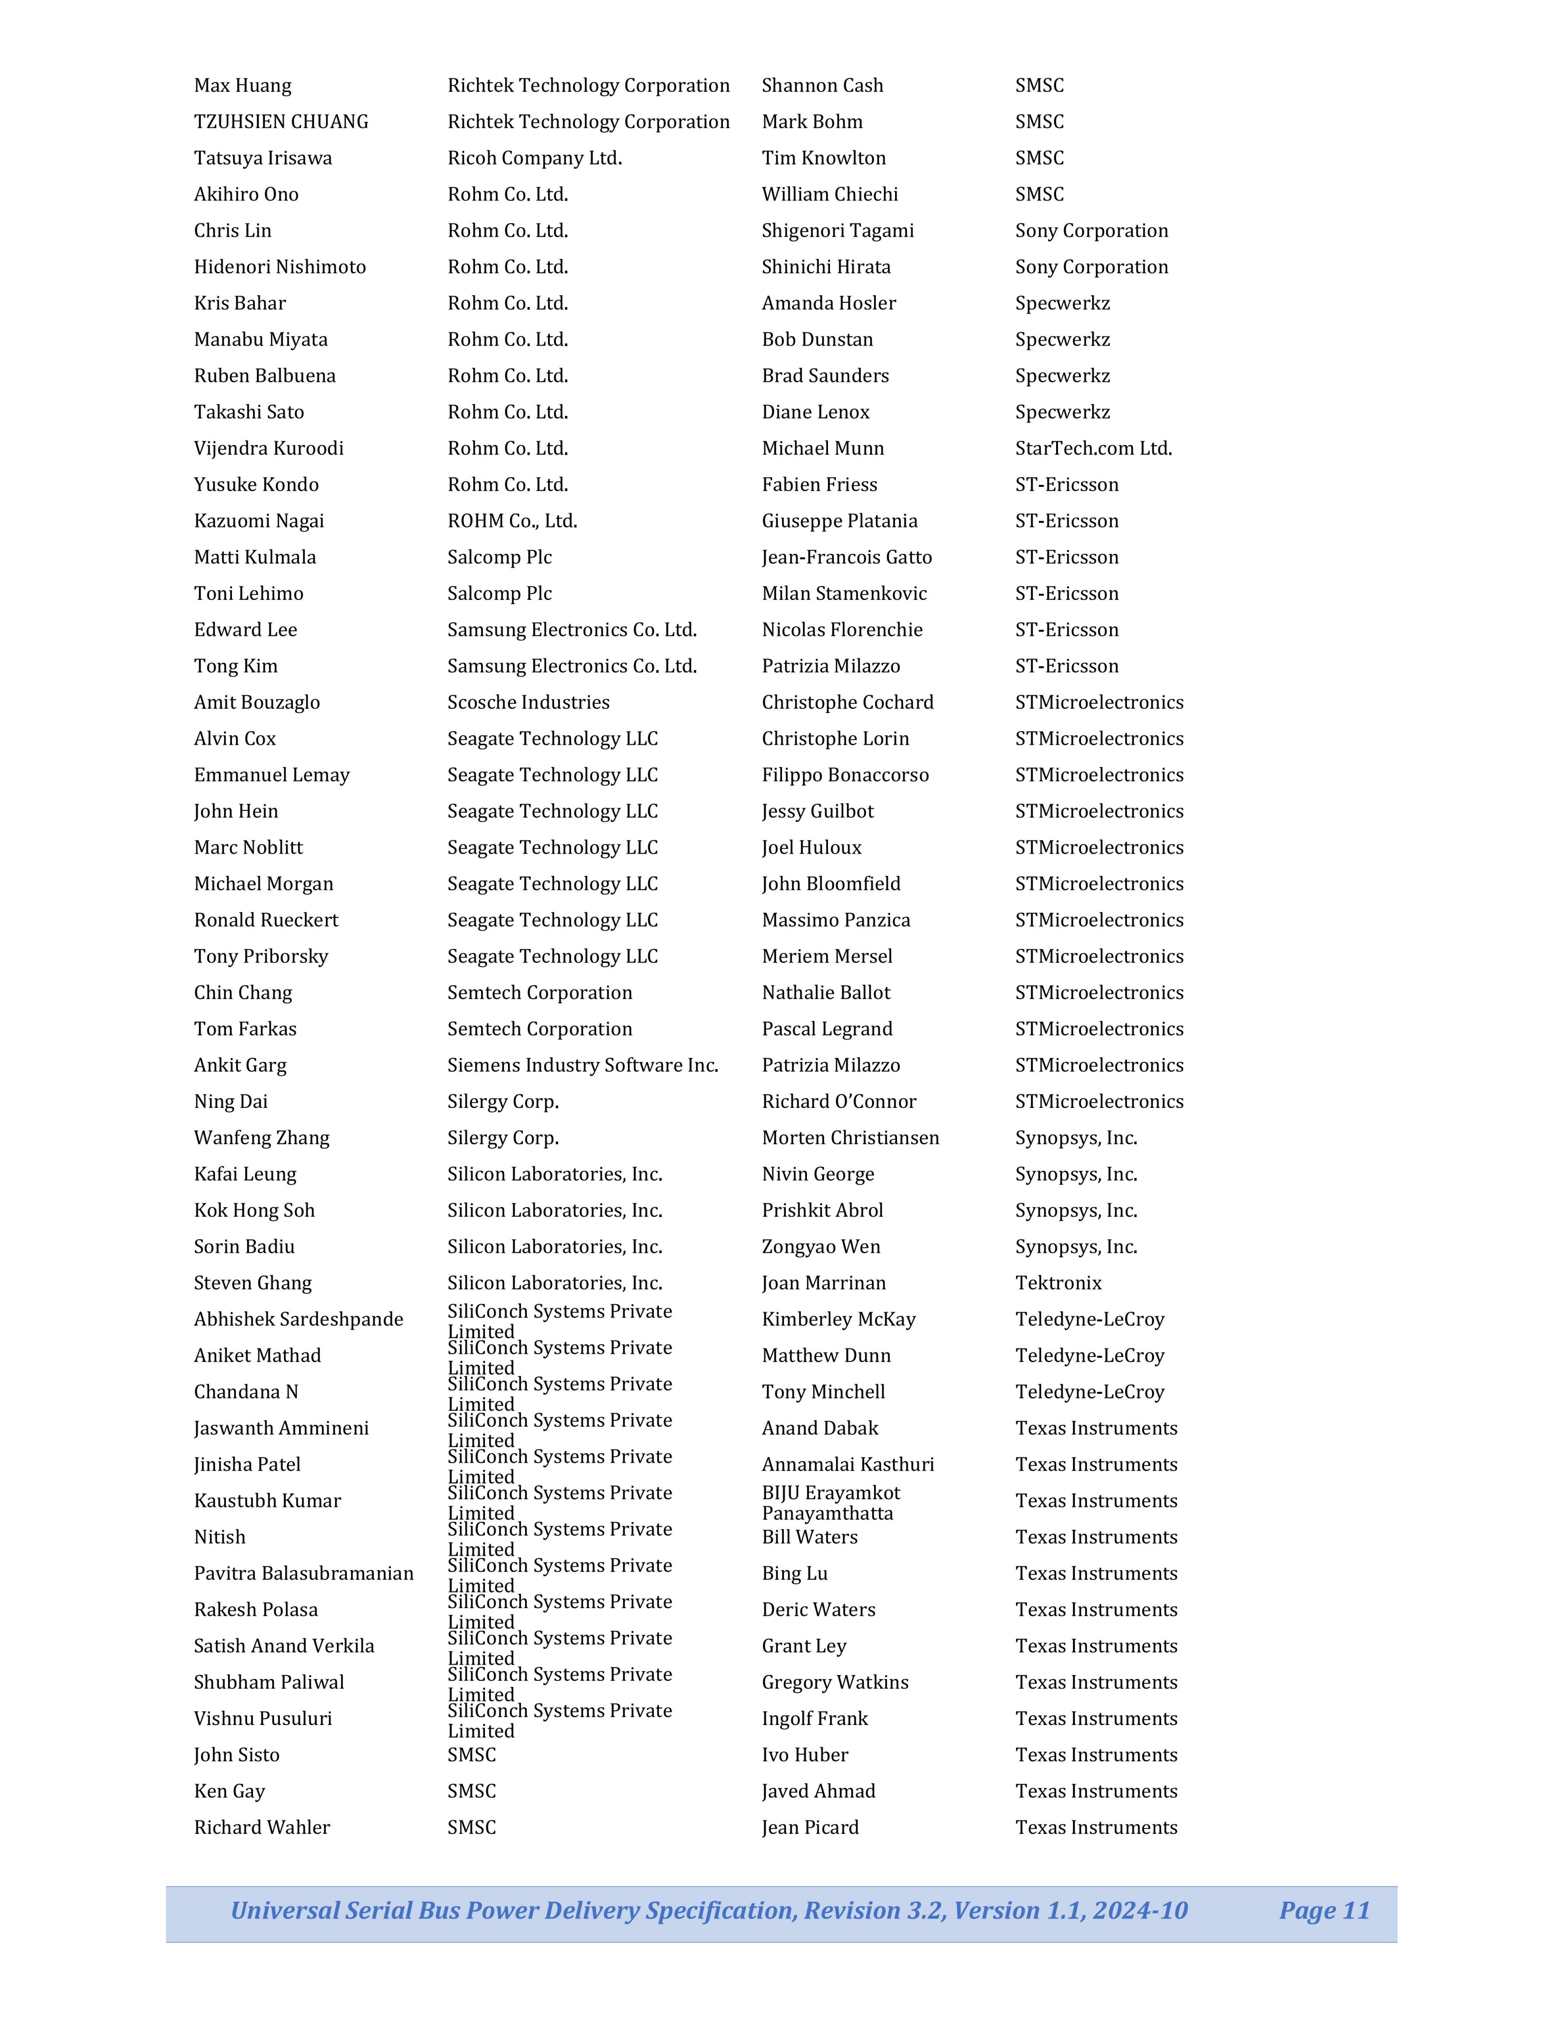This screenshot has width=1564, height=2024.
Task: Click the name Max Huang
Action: click(x=243, y=85)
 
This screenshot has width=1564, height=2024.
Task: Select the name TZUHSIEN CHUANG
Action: click(x=281, y=121)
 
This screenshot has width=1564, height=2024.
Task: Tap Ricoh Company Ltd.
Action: click(x=535, y=158)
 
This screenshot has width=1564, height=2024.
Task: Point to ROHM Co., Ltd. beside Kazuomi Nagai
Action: click(x=512, y=521)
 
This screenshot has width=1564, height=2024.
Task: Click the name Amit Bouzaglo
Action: click(x=257, y=702)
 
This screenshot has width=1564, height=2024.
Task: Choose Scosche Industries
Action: click(x=528, y=702)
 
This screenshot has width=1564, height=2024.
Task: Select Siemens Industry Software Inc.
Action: click(x=583, y=1065)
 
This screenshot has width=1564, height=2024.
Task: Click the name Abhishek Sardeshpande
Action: click(x=299, y=1319)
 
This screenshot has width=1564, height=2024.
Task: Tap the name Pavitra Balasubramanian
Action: click(x=304, y=1573)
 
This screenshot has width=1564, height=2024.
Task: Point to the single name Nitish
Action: click(x=219, y=1537)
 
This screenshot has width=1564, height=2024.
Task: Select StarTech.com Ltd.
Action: click(x=1093, y=448)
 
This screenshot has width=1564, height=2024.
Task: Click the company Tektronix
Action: click(x=1058, y=1283)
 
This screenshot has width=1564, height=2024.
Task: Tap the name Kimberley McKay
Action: click(x=839, y=1319)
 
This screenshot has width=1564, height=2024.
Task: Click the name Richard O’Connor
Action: click(x=839, y=1101)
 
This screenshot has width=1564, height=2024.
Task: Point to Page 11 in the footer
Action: click(x=1324, y=1910)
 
